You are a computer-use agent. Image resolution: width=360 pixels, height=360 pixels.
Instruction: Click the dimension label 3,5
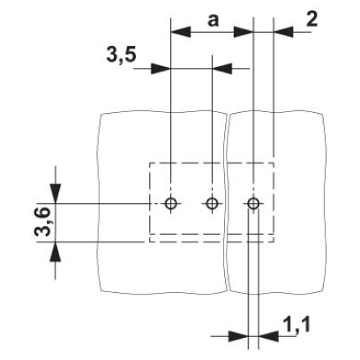coord(121,56)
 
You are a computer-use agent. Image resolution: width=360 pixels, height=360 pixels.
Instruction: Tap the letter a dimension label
coord(214,21)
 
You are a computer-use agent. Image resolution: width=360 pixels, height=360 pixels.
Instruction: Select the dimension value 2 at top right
coord(311,20)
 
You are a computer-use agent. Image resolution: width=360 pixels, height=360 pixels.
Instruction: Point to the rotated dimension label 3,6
coord(42,221)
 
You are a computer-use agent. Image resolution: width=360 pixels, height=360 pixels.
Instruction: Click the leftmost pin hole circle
coord(171,203)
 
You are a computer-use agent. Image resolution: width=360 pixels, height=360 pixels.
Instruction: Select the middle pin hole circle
coord(212,203)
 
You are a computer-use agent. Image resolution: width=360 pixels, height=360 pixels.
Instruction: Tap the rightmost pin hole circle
coord(253,203)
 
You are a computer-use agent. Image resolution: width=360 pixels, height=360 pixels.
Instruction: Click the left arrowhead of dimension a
coord(181,32)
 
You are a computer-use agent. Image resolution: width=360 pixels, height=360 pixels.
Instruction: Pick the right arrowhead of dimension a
coord(244,32)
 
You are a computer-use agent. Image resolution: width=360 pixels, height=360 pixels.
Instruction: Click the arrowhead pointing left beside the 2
coord(283,32)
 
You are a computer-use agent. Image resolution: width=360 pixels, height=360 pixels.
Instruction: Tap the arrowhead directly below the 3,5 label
coord(161,69)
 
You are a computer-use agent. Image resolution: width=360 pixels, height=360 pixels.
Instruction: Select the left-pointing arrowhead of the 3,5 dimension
coord(222,69)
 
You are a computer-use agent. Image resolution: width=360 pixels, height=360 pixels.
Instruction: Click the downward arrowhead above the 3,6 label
coord(56,193)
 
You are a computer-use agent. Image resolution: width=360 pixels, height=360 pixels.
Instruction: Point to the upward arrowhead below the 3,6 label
coord(56,251)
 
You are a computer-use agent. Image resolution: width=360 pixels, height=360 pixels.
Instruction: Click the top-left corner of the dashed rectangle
coord(150,163)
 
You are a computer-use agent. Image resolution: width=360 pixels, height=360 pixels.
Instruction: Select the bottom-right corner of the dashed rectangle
coord(274,242)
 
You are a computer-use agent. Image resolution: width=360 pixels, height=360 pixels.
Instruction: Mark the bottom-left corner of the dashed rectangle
coord(150,242)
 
